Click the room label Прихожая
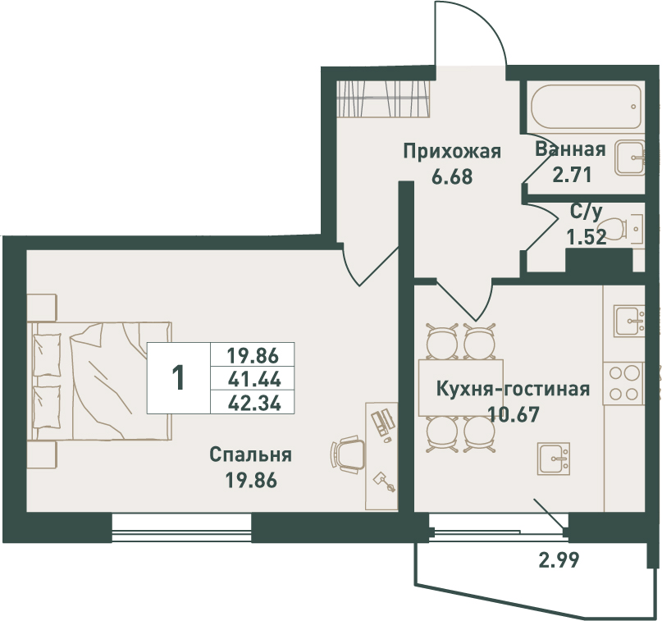pyautogui.click(x=452, y=152)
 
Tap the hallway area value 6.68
pyautogui.click(x=452, y=177)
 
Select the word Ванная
pyautogui.click(x=570, y=149)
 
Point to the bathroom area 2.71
pyautogui.click(x=572, y=175)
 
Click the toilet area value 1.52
pyautogui.click(x=587, y=238)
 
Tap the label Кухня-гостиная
pyautogui.click(x=513, y=389)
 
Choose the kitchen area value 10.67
pyautogui.click(x=514, y=414)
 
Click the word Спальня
pyautogui.click(x=250, y=455)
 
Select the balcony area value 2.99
pyautogui.click(x=559, y=560)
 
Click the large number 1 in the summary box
pyautogui.click(x=179, y=377)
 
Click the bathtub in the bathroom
pyautogui.click(x=586, y=107)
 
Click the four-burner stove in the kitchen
pyautogui.click(x=623, y=383)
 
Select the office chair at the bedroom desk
pyautogui.click(x=348, y=454)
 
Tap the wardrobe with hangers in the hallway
pyautogui.click(x=384, y=98)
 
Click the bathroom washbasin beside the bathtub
pyautogui.click(x=629, y=158)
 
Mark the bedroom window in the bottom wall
pyautogui.click(x=181, y=527)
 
